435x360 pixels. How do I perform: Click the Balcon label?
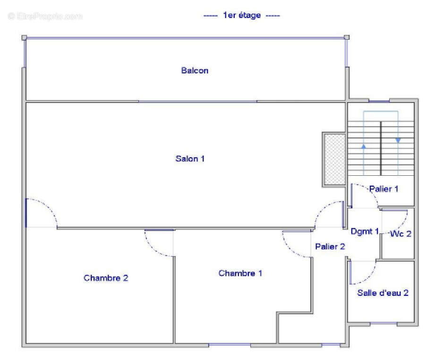pos(195,70)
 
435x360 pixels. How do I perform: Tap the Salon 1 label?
pos(190,159)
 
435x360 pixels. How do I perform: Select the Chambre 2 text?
pos(106,278)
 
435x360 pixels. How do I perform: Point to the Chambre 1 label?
pos(240,273)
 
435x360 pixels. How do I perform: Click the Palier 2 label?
pos(330,247)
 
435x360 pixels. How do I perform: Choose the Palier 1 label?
pos(384,189)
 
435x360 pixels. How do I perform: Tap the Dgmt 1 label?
pos(365,231)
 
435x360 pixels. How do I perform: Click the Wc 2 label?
pos(401,234)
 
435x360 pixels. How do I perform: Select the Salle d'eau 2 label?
pos(383,293)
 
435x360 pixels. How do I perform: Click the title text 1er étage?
pos(242,15)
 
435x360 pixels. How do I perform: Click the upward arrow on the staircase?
pos(364,160)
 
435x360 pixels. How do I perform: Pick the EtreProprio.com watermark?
pos(45,17)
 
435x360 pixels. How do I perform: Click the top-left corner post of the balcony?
pos(24,37)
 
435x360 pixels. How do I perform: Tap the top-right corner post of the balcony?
pos(347,37)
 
